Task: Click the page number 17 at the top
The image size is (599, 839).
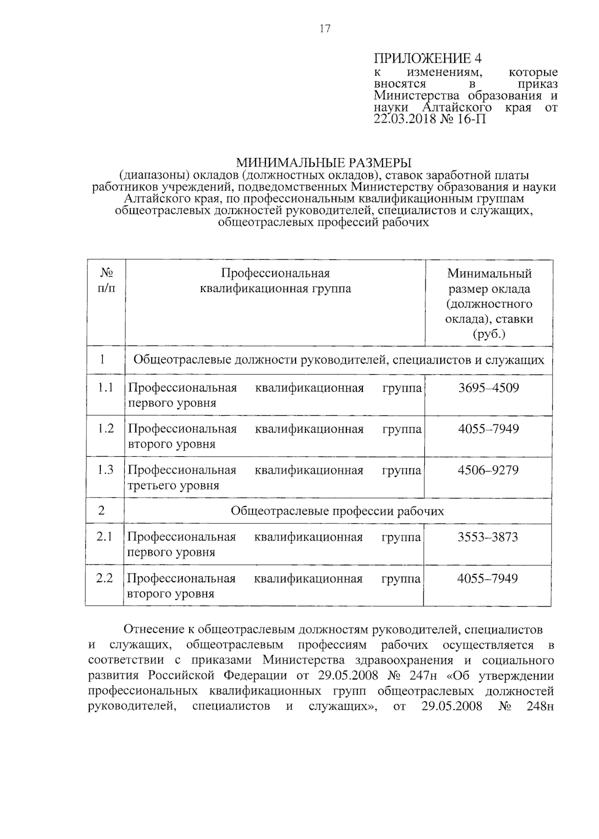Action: pyautogui.click(x=324, y=29)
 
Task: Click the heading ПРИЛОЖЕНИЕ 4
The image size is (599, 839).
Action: pyautogui.click(x=428, y=58)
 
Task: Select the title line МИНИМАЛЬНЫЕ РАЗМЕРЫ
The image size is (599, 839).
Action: pyautogui.click(x=323, y=163)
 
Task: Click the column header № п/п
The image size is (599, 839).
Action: pyautogui.click(x=106, y=280)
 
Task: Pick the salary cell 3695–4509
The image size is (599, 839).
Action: pyautogui.click(x=488, y=388)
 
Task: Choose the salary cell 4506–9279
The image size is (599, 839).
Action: pyautogui.click(x=488, y=470)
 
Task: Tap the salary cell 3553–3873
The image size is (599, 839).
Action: pyautogui.click(x=487, y=537)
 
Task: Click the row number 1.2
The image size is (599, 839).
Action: pyautogui.click(x=106, y=429)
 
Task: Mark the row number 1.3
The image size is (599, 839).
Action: pyautogui.click(x=105, y=470)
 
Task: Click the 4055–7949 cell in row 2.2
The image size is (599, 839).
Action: pyautogui.click(x=487, y=578)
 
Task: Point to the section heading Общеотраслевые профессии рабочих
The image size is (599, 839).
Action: pyautogui.click(x=337, y=511)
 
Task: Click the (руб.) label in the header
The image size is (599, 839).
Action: pyautogui.click(x=489, y=334)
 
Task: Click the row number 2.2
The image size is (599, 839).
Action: pyautogui.click(x=105, y=578)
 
